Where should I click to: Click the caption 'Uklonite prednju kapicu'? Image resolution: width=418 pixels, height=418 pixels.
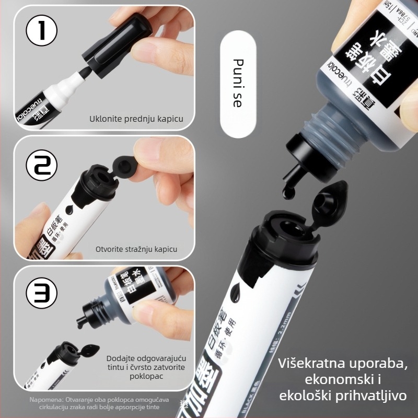click(136, 119)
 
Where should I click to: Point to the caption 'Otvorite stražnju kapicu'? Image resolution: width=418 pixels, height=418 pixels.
click(136, 249)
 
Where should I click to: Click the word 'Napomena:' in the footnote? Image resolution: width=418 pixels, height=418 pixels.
click(45, 400)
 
